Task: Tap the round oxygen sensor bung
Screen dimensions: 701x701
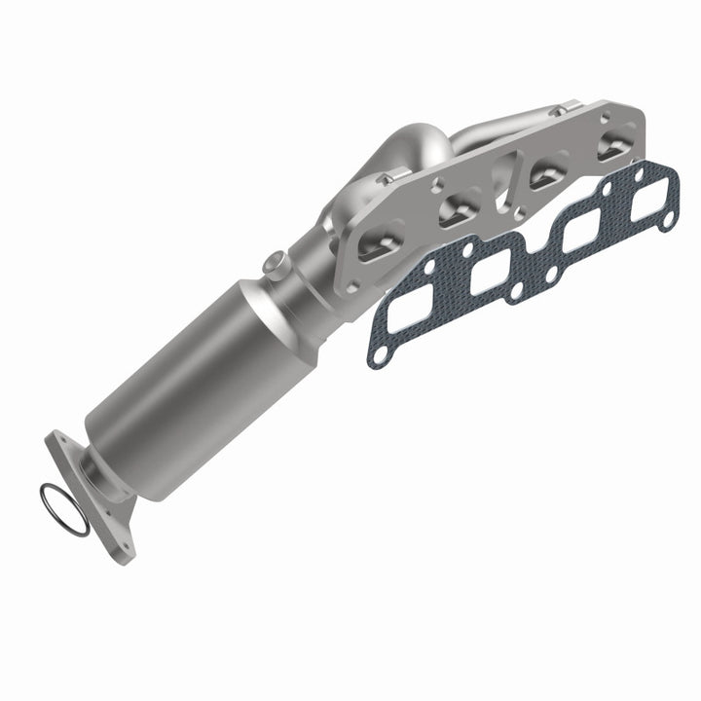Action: click(276, 262)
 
